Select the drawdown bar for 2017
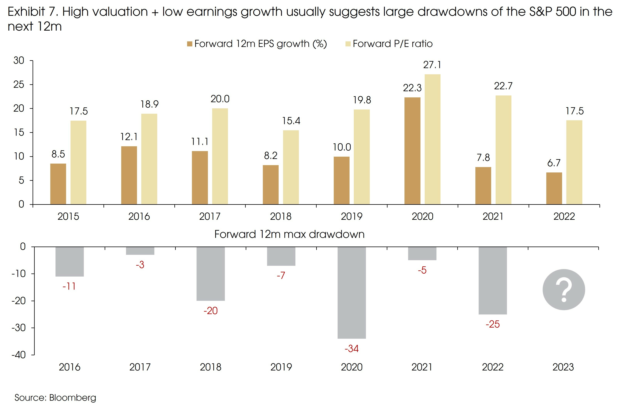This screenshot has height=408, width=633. pos(140,251)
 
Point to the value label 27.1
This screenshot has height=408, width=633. pos(432,65)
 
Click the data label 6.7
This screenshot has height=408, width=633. pos(554,163)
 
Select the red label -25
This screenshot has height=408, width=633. pos(493,324)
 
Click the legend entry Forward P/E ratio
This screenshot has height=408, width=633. pos(393,44)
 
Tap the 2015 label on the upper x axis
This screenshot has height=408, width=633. pos(68,217)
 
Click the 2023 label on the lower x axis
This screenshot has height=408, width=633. pos(563,367)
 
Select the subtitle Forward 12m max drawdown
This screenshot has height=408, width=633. pos(289,234)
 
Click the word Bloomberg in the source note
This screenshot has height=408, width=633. pos(72,397)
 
